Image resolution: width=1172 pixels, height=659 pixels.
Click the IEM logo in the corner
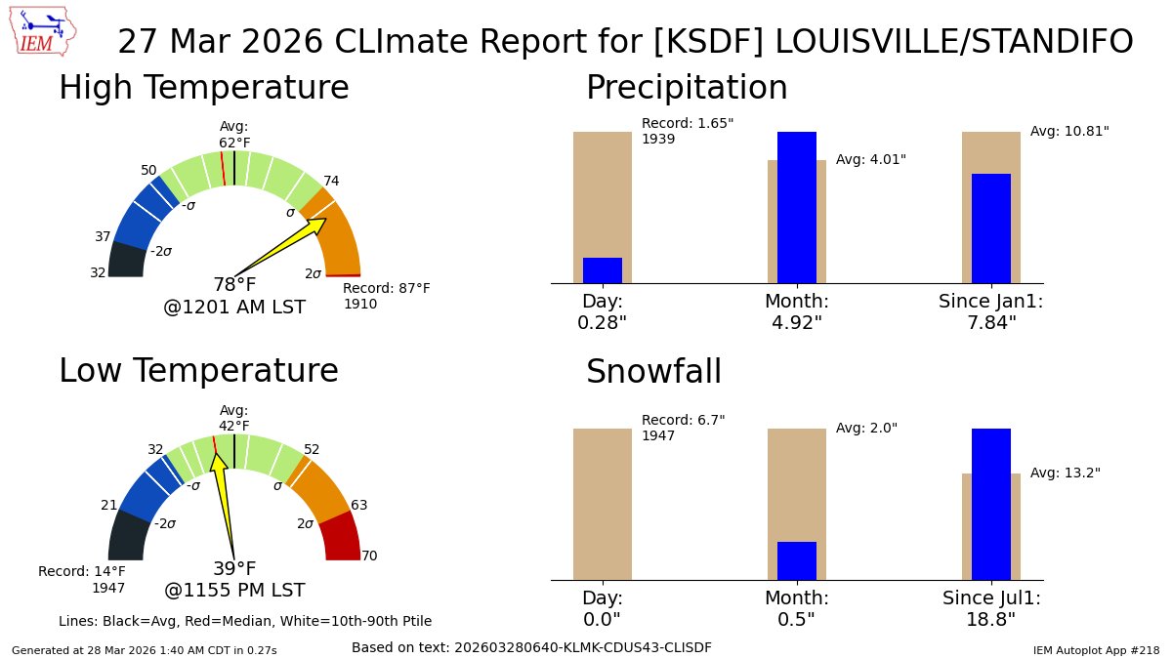[x=44, y=31]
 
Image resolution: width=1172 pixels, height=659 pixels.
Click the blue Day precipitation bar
[x=602, y=270]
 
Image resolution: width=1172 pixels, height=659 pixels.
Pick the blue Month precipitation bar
[x=796, y=207]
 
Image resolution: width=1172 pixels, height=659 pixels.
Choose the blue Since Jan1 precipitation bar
[x=990, y=228]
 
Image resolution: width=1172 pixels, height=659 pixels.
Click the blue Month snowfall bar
[x=796, y=560]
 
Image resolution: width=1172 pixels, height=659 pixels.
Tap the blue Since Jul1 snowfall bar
[x=990, y=504]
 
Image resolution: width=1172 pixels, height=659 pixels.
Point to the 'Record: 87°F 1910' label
[x=386, y=296]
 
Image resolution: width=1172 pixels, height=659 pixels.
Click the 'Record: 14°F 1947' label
[x=82, y=579]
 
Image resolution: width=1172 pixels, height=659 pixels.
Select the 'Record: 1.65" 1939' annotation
[x=687, y=131]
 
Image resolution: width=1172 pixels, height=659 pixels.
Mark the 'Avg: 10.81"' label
[x=1069, y=131]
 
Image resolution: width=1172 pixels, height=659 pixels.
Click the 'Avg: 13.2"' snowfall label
[x=1065, y=473]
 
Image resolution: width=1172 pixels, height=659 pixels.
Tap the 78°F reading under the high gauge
[x=234, y=285]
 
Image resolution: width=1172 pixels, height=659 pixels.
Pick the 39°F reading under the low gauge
[x=234, y=568]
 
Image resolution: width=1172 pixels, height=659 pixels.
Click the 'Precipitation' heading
[x=686, y=88]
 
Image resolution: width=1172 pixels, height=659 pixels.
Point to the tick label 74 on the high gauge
[x=331, y=181]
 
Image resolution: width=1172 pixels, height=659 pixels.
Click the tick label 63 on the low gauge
[x=358, y=505]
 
